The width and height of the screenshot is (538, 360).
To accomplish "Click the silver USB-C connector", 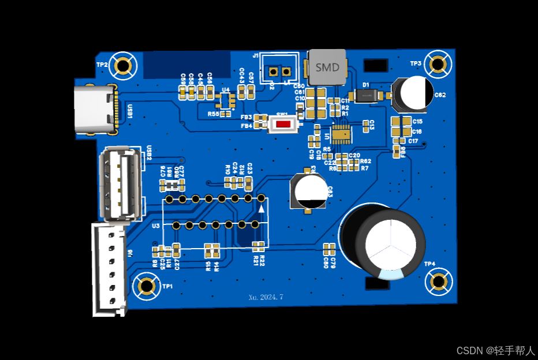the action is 94,109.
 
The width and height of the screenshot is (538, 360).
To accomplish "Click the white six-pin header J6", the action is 109,269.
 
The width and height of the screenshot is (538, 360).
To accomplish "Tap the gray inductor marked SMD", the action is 327,67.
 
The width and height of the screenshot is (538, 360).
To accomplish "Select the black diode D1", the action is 365,96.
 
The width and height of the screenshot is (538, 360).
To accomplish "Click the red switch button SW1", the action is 283,124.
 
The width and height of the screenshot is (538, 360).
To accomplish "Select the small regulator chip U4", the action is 226,101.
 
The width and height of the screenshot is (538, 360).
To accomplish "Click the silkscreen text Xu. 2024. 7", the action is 266,297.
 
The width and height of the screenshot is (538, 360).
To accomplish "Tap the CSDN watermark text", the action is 496,350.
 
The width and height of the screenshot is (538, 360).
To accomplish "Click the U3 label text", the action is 155,226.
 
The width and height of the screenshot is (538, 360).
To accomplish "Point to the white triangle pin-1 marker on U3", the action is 261,208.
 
